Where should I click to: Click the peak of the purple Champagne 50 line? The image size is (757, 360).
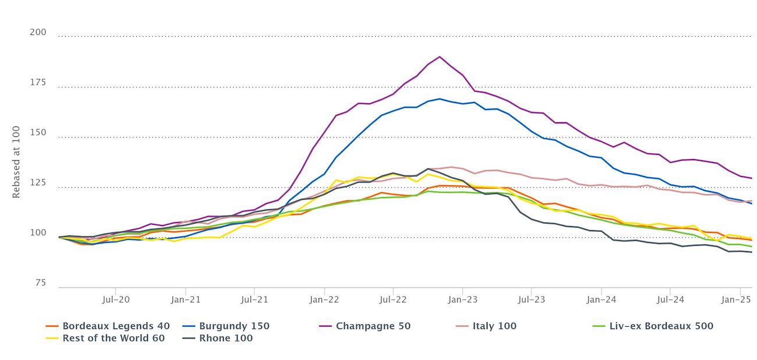pyautogui.click(x=439, y=57)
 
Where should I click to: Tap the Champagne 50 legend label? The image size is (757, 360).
pyautogui.click(x=373, y=326)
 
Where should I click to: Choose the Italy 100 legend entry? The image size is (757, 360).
pyautogui.click(x=494, y=326)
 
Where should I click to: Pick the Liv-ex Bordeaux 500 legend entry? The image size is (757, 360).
pyautogui.click(x=660, y=326)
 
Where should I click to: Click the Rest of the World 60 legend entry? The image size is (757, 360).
pyautogui.click(x=114, y=338)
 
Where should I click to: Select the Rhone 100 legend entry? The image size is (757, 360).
pyautogui.click(x=226, y=338)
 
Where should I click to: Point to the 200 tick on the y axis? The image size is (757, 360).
pyautogui.click(x=38, y=32)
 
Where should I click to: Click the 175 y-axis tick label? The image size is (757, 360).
pyautogui.click(x=38, y=83)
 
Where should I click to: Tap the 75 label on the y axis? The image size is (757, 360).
pyautogui.click(x=40, y=283)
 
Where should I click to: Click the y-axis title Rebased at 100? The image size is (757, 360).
pyautogui.click(x=16, y=162)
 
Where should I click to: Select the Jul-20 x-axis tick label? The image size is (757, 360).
pyautogui.click(x=115, y=299)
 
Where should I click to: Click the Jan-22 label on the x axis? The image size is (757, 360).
pyautogui.click(x=324, y=299)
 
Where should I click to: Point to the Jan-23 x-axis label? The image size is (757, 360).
pyautogui.click(x=462, y=299)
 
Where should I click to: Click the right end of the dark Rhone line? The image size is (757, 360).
pyautogui.click(x=751, y=252)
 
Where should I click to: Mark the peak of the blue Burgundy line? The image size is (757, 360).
pyautogui.click(x=439, y=98)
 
